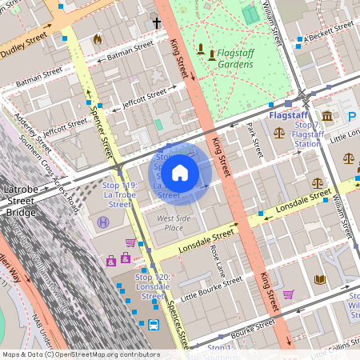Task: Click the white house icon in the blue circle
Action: (x=180, y=172)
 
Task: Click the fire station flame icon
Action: (x=98, y=38)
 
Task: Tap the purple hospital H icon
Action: (x=103, y=222)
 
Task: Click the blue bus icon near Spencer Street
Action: (x=153, y=325)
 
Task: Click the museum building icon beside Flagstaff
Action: (x=328, y=117)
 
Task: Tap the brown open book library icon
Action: (x=320, y=279)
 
